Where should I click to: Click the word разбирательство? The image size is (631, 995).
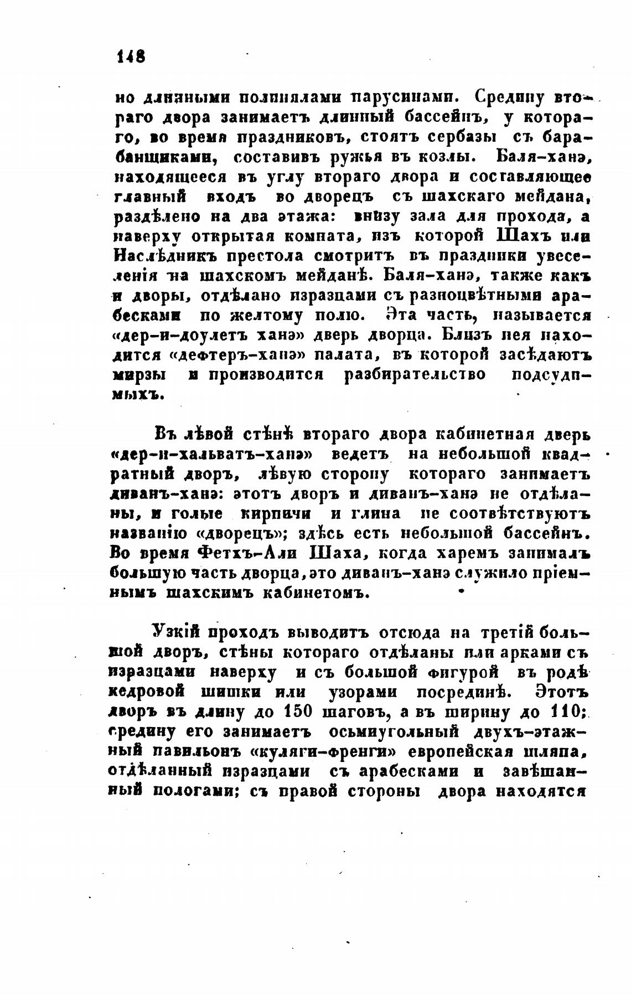point(415,375)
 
